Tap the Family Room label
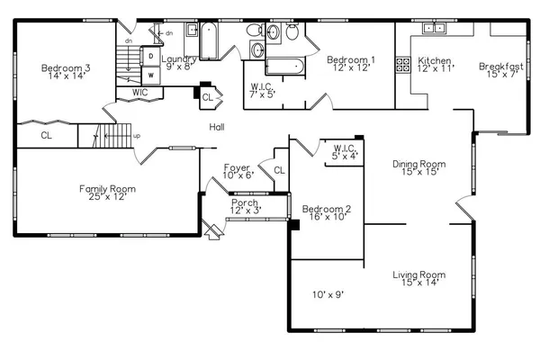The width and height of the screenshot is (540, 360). (106, 193)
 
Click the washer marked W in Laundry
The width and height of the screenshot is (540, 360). (151, 75)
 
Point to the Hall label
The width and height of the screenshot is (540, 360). (217, 127)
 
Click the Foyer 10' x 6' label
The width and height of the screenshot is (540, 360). (238, 171)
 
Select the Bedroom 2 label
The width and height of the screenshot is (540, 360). (326, 212)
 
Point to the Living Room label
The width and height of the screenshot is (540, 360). (419, 279)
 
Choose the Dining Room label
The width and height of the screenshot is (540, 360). (419, 168)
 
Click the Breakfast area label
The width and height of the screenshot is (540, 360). (501, 68)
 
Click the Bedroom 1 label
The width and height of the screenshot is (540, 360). (350, 64)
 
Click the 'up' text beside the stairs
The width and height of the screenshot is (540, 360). (137, 137)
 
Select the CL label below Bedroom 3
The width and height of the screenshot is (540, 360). (46, 136)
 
